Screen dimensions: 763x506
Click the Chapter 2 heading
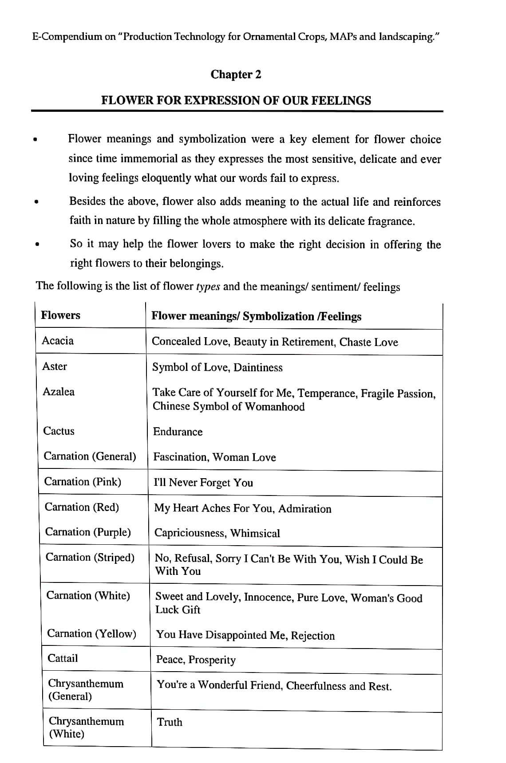(236, 75)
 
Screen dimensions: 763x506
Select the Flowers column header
(60, 315)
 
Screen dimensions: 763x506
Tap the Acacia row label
(58, 341)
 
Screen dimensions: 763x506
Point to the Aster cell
(55, 366)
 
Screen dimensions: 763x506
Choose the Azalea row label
(59, 392)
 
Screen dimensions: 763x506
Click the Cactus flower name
(59, 431)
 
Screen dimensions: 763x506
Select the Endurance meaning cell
(178, 432)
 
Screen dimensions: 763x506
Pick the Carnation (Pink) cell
(83, 482)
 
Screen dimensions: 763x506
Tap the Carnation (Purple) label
(88, 532)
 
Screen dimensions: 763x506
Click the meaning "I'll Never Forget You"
(203, 483)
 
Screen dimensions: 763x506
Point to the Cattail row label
(63, 658)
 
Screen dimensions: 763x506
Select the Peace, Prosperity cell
(196, 660)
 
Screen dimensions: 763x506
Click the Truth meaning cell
(170, 722)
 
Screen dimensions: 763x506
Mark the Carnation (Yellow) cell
(91, 633)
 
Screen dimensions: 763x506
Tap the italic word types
(208, 286)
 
